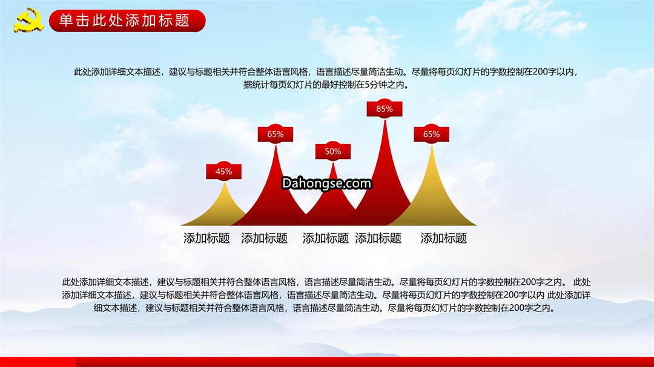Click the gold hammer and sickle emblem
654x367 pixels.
point(28,20)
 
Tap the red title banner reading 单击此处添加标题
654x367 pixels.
point(127,21)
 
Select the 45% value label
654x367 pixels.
point(223,171)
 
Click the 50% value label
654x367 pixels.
point(333,151)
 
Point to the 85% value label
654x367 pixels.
point(384,109)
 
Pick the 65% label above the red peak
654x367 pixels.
point(276,134)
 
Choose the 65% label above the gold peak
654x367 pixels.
point(431,134)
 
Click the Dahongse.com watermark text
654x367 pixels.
point(326,183)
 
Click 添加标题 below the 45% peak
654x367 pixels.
point(206,238)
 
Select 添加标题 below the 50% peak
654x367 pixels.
point(325,238)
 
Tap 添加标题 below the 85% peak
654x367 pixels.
point(378,238)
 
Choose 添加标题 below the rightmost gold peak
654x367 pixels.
point(443,238)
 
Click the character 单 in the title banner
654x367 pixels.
point(65,21)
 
